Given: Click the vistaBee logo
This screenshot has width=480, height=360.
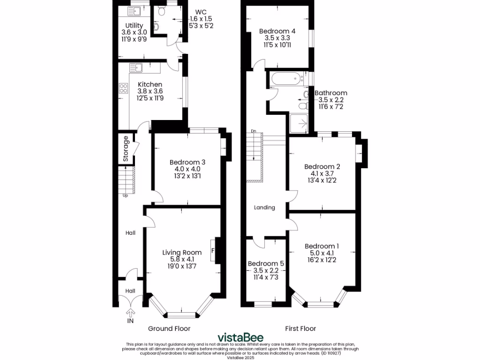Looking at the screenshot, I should [240, 337].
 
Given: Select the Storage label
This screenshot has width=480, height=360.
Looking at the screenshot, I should [126, 149].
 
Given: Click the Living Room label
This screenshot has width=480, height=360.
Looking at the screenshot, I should [182, 252].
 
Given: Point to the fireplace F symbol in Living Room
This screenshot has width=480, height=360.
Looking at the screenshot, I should [213, 250].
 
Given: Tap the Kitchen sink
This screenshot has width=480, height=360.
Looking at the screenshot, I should [136, 68].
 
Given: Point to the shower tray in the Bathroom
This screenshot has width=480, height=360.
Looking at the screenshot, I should [299, 123].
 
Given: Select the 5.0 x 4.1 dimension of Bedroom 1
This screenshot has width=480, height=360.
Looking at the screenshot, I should [322, 254].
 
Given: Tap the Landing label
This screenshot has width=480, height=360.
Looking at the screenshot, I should [264, 207].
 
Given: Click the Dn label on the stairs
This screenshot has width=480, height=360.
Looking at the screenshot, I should [254, 131].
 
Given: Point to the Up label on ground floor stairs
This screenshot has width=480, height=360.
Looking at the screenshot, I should [125, 195].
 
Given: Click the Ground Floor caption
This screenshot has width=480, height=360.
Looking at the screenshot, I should [169, 329].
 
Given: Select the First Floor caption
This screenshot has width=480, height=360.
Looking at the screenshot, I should [300, 329].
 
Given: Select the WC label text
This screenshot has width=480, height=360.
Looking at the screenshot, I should [200, 11].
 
